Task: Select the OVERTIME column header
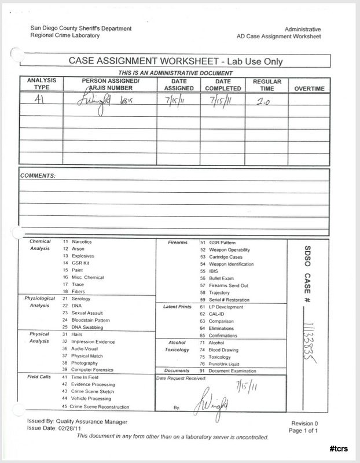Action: [x=310, y=89]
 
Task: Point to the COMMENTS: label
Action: [x=38, y=175]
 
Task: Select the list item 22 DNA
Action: [x=74, y=305]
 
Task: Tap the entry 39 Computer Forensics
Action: [x=89, y=369]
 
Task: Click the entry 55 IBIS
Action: [x=210, y=270]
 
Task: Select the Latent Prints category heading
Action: [x=178, y=306]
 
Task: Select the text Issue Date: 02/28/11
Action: [x=58, y=430]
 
